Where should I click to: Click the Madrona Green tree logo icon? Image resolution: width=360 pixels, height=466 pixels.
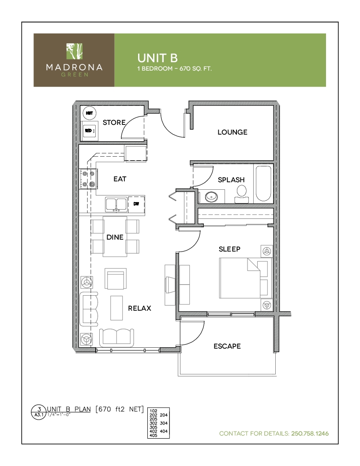click(x=74, y=51)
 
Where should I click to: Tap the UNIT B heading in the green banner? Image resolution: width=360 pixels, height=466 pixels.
click(x=157, y=58)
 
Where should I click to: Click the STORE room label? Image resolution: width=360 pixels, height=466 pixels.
click(x=114, y=122)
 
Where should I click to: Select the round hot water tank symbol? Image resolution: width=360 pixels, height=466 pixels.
click(x=89, y=113)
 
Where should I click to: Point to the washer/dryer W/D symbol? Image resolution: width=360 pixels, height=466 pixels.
click(x=89, y=131)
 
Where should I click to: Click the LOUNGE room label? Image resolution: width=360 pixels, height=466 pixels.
click(x=232, y=132)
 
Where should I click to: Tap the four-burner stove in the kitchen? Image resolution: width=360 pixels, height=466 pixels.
click(x=88, y=179)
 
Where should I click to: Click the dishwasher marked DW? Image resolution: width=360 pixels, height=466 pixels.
click(x=136, y=203)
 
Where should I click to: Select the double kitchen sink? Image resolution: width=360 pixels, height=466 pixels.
click(x=116, y=205)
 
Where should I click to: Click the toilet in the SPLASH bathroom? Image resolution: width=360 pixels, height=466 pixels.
click(x=242, y=193)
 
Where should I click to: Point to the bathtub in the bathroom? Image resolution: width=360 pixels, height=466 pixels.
click(x=263, y=184)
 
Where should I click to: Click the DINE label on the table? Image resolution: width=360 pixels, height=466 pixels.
click(x=115, y=237)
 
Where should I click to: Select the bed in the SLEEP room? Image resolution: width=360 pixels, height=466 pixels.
click(x=246, y=278)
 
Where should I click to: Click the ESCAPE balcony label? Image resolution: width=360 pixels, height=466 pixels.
click(x=227, y=346)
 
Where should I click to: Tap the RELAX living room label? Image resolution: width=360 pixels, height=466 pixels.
click(x=139, y=308)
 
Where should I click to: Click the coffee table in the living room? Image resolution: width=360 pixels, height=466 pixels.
click(x=116, y=308)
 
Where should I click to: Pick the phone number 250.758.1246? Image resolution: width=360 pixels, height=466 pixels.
click(x=310, y=433)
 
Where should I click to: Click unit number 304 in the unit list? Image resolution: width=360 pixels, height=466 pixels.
click(x=164, y=423)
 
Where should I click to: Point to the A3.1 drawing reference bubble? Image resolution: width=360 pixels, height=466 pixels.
click(x=39, y=412)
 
